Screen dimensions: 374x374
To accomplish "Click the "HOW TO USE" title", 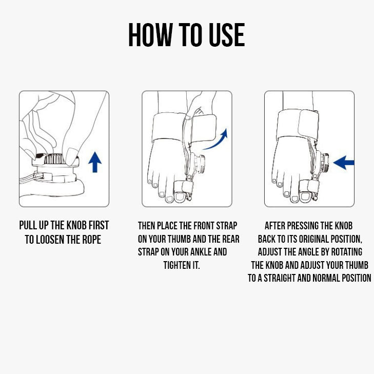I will coord(186,35).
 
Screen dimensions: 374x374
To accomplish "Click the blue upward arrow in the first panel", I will coord(95,162).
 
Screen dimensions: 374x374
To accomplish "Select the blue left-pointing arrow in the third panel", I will coord(343,163).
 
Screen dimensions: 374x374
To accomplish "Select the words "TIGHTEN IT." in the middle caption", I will coord(181,265).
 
